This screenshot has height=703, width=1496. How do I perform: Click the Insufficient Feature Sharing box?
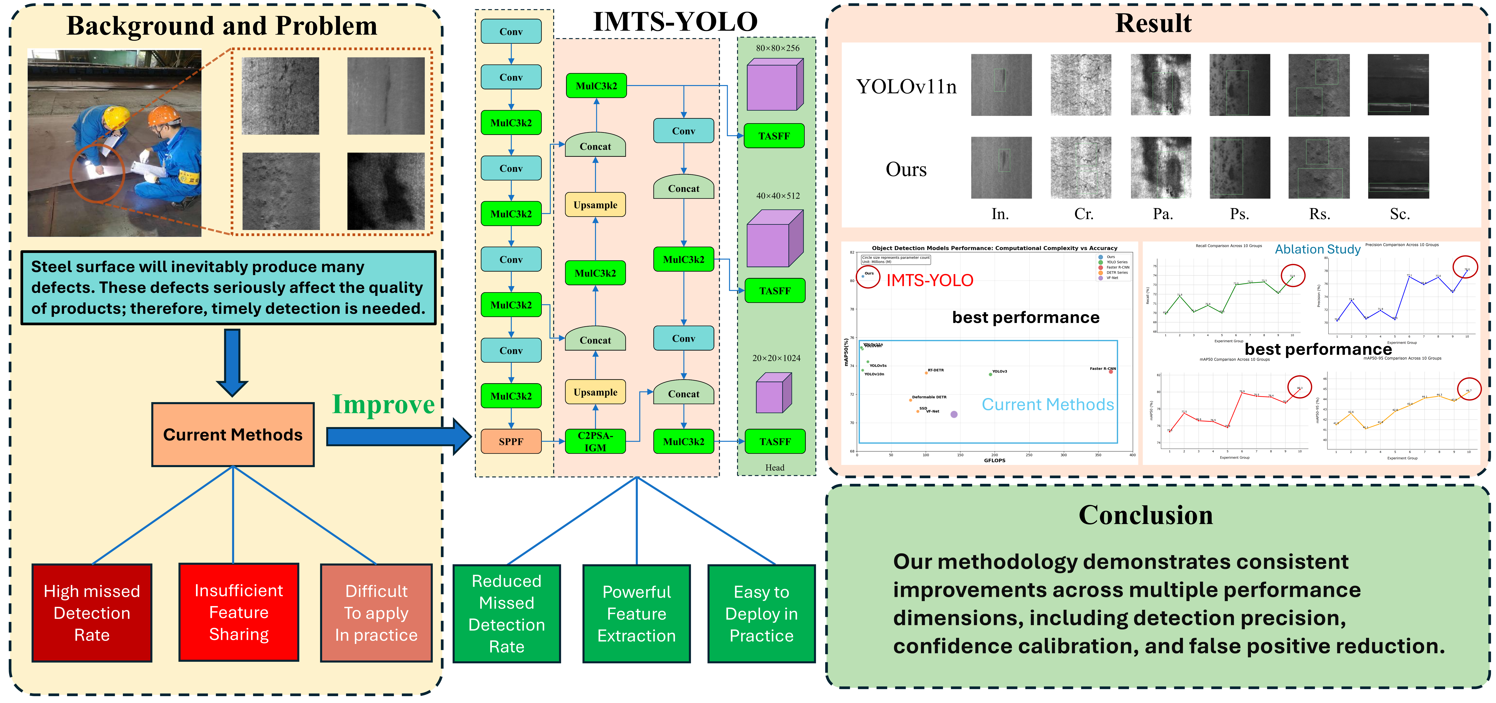[x=239, y=612]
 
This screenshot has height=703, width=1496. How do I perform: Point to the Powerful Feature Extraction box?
[x=637, y=614]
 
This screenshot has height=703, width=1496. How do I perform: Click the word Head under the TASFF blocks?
[x=775, y=467]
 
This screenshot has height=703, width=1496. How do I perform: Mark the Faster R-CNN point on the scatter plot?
[x=1111, y=371]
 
